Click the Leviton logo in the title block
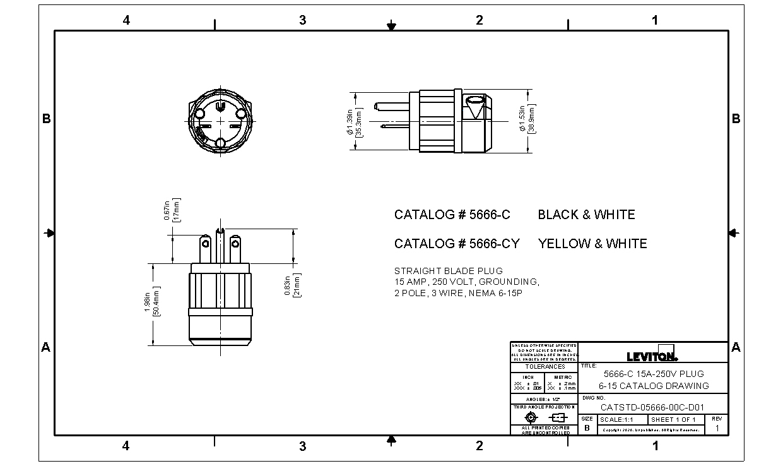tap(652, 355)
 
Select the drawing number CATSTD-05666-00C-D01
tap(652, 407)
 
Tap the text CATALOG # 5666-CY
tap(457, 244)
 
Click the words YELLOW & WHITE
tap(592, 244)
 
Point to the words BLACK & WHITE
tap(586, 215)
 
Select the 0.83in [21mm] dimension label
tap(291, 285)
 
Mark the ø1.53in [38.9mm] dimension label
tap(527, 120)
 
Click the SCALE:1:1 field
tap(617, 420)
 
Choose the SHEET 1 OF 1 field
tap(673, 420)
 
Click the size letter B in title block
tap(587, 427)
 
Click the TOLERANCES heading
tap(545, 367)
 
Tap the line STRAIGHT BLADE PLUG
tap(440, 271)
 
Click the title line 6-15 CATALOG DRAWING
tap(654, 386)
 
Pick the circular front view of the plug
tap(220, 119)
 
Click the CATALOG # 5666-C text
tap(452, 215)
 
